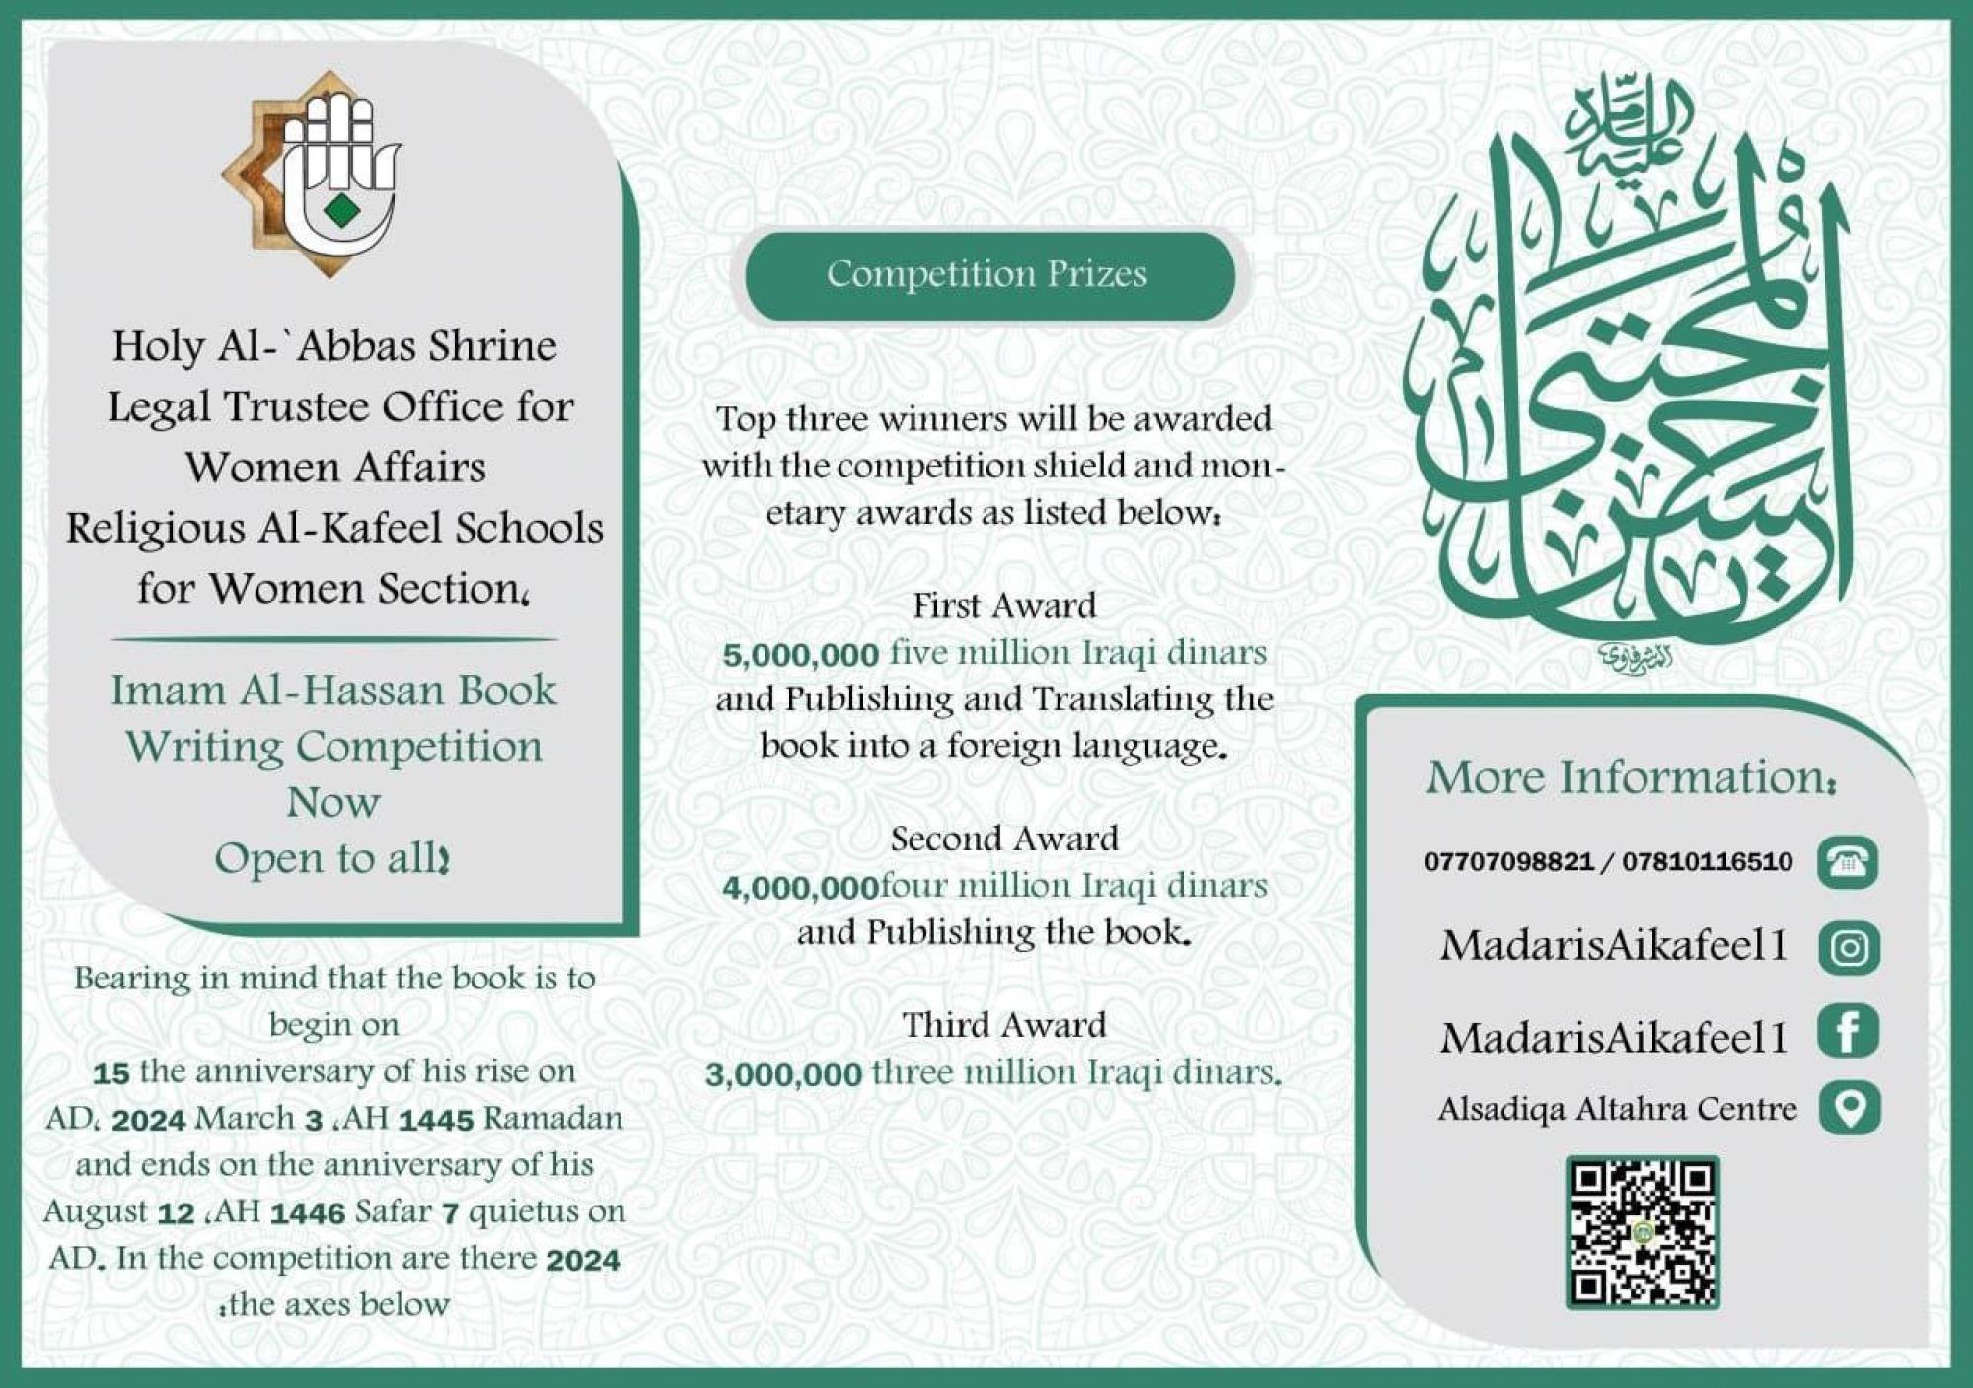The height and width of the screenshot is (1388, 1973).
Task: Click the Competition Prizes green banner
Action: click(x=988, y=275)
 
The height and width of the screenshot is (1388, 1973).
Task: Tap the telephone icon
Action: click(x=1848, y=862)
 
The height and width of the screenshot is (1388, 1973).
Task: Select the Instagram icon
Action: click(x=1849, y=947)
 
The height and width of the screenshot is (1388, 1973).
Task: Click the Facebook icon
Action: click(x=1849, y=1033)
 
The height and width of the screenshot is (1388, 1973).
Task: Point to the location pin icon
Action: click(x=1849, y=1108)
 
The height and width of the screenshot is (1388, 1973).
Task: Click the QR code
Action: click(x=1643, y=1233)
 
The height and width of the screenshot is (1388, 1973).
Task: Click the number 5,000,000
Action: click(x=800, y=655)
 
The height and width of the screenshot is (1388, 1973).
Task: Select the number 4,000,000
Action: click(x=800, y=888)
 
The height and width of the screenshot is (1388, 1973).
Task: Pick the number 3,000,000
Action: click(x=783, y=1074)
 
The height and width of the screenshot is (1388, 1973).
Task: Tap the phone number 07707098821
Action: click(x=1508, y=862)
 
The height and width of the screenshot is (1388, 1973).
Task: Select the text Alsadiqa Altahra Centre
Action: click(x=1617, y=1109)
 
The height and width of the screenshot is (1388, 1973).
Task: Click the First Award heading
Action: click(x=1004, y=605)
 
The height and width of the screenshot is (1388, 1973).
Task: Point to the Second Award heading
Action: click(x=1004, y=840)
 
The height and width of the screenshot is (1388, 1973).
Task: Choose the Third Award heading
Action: click(x=1004, y=1025)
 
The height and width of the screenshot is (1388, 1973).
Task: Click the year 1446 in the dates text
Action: click(x=307, y=1212)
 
